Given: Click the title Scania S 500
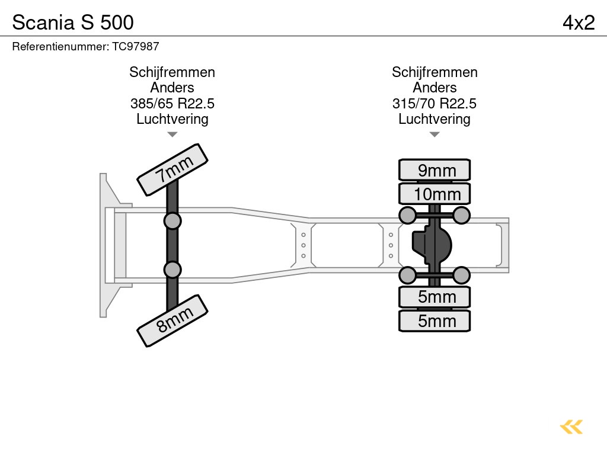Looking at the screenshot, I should (73, 23).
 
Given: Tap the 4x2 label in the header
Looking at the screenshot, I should (578, 23).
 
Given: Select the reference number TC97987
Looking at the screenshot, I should (135, 46).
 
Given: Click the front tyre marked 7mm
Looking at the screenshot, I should (172, 169).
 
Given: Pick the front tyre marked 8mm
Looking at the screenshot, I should (172, 321).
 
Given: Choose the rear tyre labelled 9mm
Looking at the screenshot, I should (435, 170).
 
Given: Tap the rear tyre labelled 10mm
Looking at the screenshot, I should (435, 194).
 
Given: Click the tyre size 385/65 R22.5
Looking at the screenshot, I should (172, 104).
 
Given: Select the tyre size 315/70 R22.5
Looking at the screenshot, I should (434, 104).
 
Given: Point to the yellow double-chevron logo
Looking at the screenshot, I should (571, 427).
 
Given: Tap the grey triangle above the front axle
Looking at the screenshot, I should (172, 134).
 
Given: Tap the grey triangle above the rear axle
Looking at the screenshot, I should (435, 134).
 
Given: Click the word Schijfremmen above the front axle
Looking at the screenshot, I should (172, 72).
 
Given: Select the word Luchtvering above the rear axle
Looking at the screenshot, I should (434, 119).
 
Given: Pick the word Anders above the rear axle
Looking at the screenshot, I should (434, 88).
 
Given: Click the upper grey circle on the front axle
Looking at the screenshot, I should (172, 221).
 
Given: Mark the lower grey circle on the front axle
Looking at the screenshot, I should (172, 270).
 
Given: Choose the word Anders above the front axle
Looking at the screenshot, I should (172, 88).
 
